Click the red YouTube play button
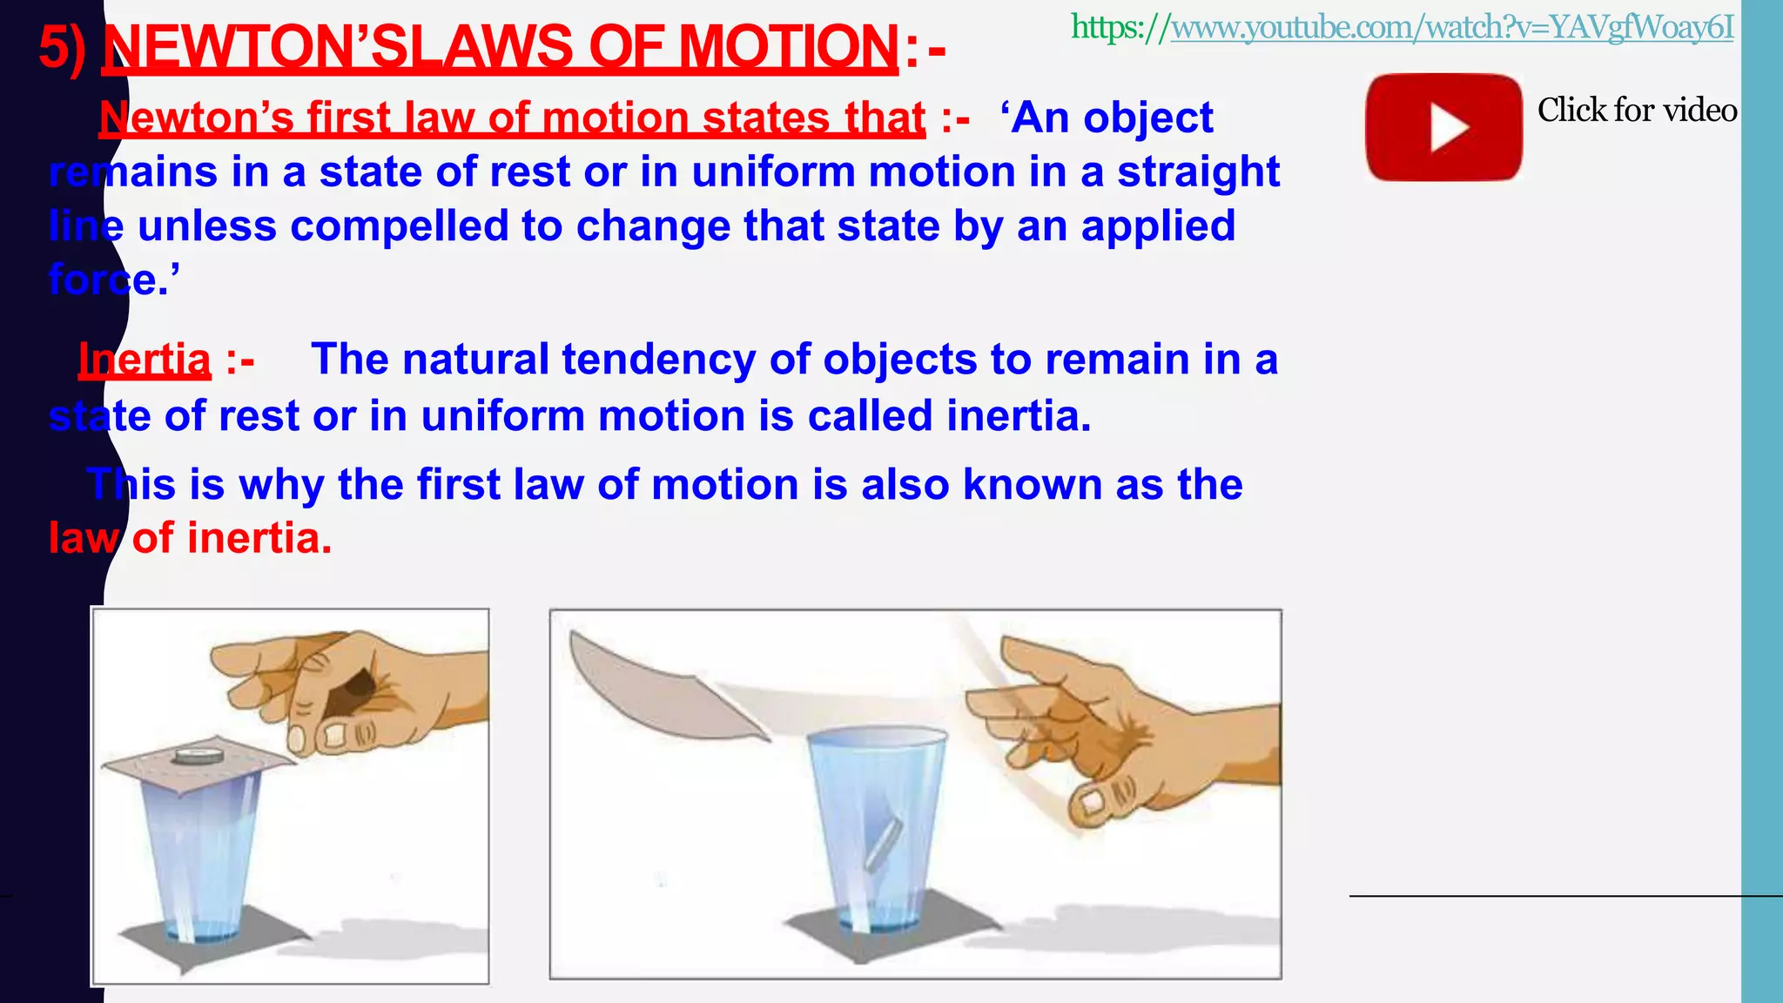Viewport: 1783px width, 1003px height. pos(1443,127)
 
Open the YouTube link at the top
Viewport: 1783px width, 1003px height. pos(1402,28)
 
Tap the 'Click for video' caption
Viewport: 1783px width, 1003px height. pos(1637,111)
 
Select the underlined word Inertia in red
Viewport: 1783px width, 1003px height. pos(145,359)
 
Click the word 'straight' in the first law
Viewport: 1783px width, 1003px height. pos(1198,172)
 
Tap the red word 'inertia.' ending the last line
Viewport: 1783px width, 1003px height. pos(259,538)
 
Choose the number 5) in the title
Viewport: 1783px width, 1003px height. pos(63,48)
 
